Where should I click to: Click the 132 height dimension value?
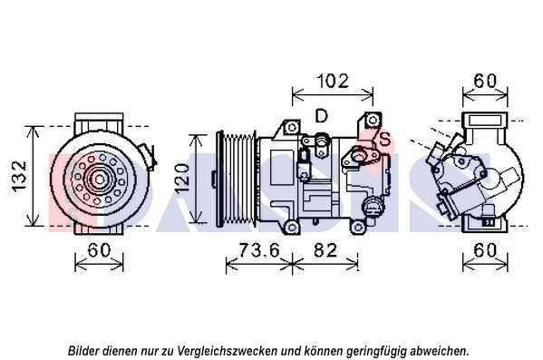(19, 176)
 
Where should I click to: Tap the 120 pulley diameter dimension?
(182, 179)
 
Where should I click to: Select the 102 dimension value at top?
(333, 81)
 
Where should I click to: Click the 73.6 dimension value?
(258, 250)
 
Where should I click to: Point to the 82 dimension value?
(325, 250)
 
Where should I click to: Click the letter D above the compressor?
(322, 116)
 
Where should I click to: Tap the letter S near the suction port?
(384, 140)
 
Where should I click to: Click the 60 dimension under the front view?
(99, 250)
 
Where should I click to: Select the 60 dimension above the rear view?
(485, 81)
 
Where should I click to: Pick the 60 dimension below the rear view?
(485, 250)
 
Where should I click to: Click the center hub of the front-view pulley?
(100, 180)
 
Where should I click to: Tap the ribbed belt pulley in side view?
(237, 179)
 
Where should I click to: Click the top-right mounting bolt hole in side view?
(373, 120)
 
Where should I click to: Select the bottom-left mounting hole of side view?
(292, 228)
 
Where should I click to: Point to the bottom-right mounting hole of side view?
(357, 228)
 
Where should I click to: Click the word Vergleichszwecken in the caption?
(228, 351)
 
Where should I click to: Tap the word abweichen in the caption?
(439, 351)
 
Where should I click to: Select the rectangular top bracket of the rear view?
(485, 121)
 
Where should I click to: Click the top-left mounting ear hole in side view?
(292, 127)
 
